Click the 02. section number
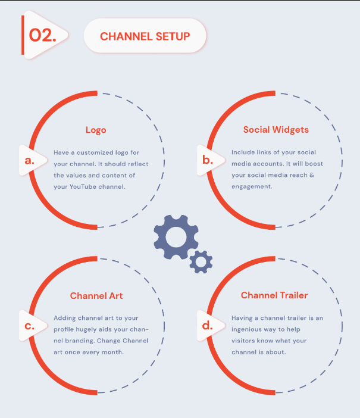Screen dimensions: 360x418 point(42,36)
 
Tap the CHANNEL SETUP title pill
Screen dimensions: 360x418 point(145,36)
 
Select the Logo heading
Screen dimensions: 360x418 point(96,130)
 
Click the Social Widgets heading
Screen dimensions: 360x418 point(276,130)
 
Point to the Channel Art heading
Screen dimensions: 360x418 point(96,295)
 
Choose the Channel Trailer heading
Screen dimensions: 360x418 point(274,295)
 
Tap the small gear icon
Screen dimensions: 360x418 point(201,261)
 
